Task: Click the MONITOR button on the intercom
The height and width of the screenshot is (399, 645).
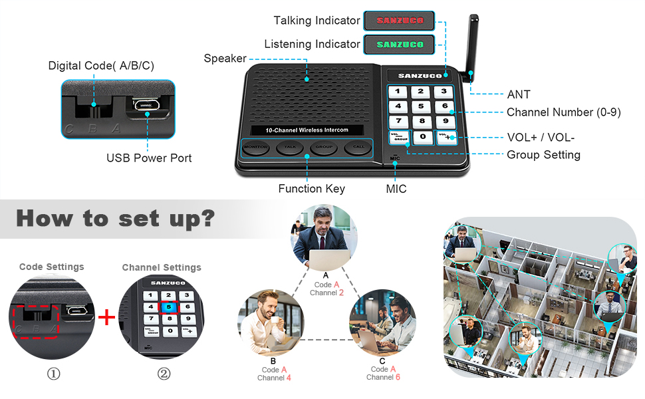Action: (x=255, y=146)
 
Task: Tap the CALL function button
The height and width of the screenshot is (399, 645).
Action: (x=358, y=146)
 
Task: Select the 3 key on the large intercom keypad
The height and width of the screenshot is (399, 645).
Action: (x=443, y=91)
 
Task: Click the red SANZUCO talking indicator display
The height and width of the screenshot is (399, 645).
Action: (x=399, y=21)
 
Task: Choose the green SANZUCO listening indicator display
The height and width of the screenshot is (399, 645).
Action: (x=399, y=45)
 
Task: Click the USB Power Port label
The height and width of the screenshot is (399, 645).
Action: (x=149, y=158)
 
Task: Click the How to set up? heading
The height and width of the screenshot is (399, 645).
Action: (x=114, y=218)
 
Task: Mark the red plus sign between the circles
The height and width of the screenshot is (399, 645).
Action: (x=106, y=317)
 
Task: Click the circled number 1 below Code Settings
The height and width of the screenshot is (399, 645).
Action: (x=53, y=374)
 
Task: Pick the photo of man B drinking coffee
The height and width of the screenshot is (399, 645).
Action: (x=272, y=322)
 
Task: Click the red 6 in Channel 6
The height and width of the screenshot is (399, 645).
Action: (x=398, y=377)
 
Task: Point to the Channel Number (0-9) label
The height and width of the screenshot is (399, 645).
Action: (x=563, y=112)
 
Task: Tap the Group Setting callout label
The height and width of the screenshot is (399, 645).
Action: (x=543, y=155)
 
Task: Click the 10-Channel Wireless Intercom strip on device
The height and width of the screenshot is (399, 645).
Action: (x=307, y=130)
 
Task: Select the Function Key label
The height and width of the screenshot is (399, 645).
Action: (x=311, y=189)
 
